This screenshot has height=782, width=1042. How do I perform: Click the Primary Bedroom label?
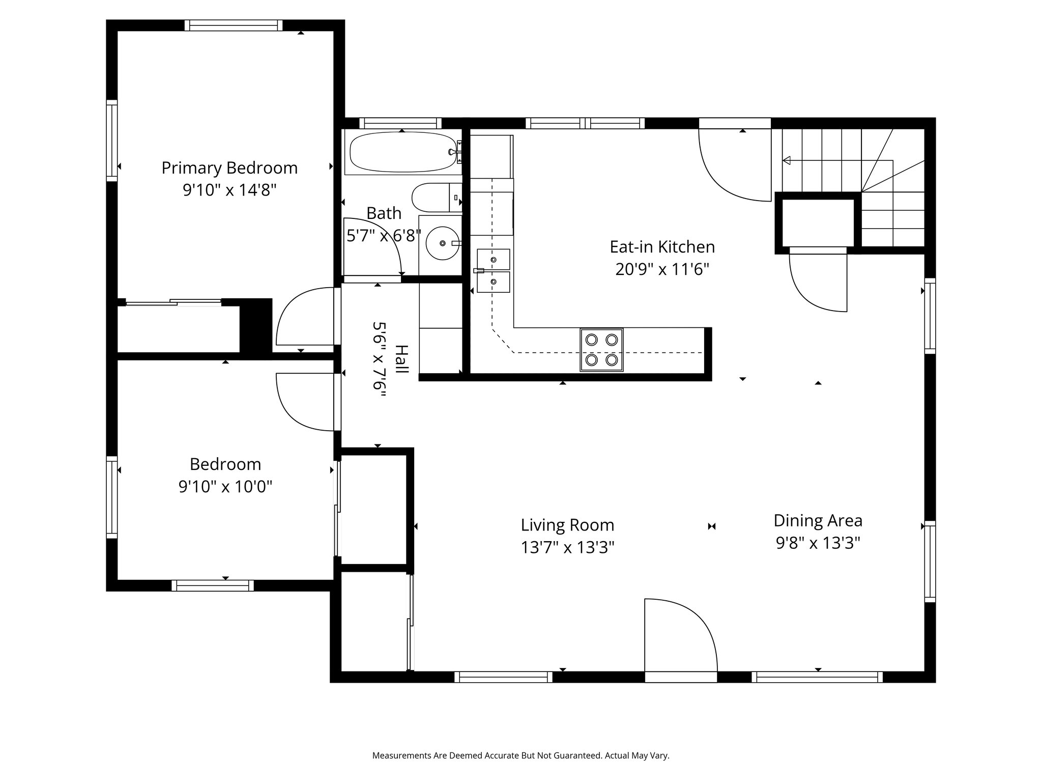point(229,168)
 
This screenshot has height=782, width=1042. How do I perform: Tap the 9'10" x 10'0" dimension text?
point(225,487)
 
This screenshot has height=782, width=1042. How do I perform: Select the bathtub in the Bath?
point(404,152)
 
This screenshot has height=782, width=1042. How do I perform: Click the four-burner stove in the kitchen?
point(601,350)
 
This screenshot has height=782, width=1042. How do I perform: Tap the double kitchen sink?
point(493,271)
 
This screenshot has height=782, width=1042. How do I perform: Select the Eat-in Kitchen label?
point(662,247)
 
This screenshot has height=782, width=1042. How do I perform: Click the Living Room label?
point(567,525)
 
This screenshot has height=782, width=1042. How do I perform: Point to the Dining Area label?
point(818,521)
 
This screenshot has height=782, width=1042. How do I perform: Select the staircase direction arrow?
point(837,161)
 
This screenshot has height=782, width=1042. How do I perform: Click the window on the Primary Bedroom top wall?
point(234,25)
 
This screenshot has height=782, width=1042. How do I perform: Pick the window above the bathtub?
point(401,123)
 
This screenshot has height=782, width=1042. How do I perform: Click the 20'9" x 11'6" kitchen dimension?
point(662,269)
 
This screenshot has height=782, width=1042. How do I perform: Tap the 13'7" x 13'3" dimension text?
point(567,547)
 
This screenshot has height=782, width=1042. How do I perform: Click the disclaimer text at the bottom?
point(521,756)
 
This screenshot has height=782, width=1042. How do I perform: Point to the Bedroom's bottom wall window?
point(213,585)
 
